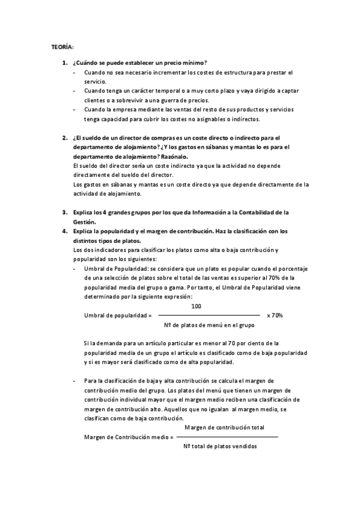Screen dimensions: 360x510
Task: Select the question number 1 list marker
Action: tap(64, 63)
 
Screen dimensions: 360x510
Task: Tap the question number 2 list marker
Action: tap(64, 137)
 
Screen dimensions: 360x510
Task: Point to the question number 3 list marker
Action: tap(64, 212)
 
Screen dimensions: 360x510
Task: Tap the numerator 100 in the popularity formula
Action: tap(196, 306)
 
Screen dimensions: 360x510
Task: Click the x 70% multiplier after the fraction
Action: tap(275, 315)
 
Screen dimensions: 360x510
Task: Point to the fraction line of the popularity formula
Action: tap(209, 315)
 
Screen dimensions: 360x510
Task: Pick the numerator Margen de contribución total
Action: tap(224, 427)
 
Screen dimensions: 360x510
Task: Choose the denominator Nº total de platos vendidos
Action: tap(220, 446)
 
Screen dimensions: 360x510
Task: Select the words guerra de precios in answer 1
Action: tap(188, 100)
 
